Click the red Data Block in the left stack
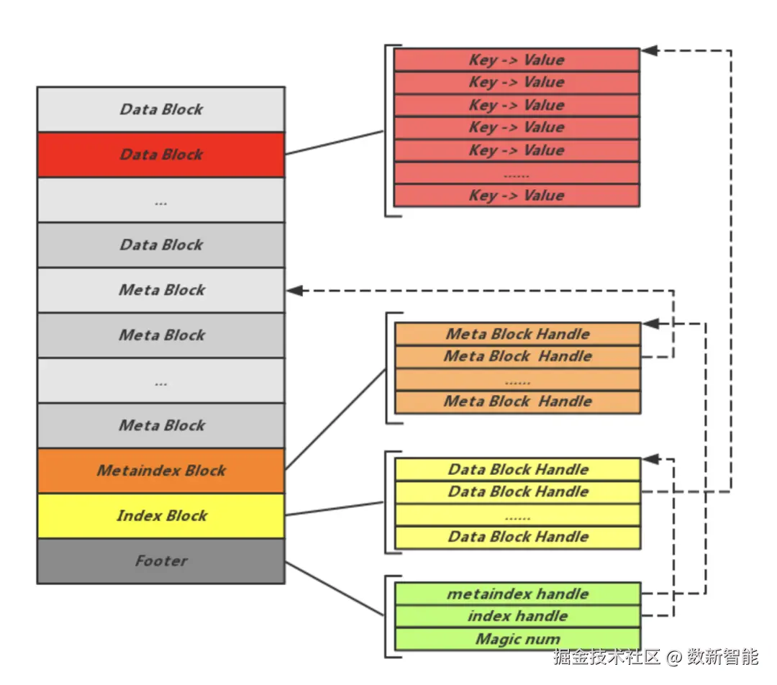tap(161, 155)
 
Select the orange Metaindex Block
tap(161, 471)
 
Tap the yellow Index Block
tap(161, 516)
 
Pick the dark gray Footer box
tap(161, 561)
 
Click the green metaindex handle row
tap(517, 594)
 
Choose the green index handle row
tap(517, 616)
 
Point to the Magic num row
tap(517, 639)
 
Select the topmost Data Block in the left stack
tap(161, 109)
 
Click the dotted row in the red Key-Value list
tap(517, 173)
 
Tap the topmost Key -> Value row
tap(517, 60)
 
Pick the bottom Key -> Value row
tap(517, 195)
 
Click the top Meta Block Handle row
tap(517, 334)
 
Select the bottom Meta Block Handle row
tap(517, 402)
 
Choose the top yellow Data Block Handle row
tap(517, 469)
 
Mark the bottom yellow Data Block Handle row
tap(517, 537)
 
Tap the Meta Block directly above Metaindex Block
tap(161, 425)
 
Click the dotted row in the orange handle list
tap(517, 379)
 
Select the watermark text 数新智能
tap(722, 656)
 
